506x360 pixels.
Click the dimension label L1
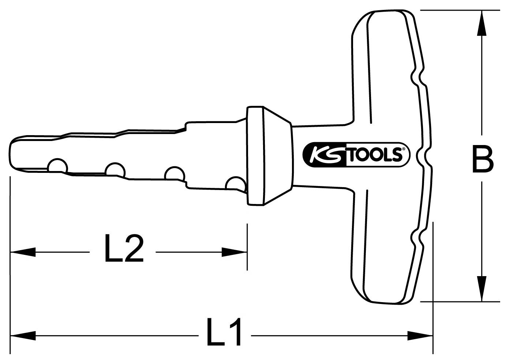[224, 333]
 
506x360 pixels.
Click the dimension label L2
[123, 249]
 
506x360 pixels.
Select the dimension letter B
[482, 159]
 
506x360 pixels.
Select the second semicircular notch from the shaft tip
[115, 170]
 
